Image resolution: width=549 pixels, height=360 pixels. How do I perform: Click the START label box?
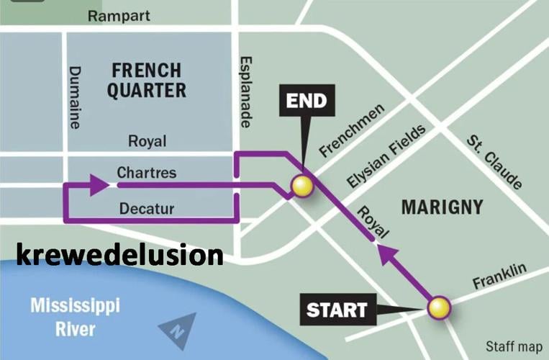[x=337, y=310]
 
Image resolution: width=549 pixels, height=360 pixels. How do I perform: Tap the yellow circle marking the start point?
[x=439, y=308]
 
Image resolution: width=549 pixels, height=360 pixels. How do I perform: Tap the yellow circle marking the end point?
[x=302, y=187]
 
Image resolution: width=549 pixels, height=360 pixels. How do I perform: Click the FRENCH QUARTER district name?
[x=148, y=80]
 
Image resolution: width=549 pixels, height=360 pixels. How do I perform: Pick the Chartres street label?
[x=146, y=174]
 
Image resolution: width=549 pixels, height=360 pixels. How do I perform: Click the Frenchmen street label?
[x=352, y=130]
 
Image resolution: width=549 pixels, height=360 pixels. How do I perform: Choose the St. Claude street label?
[x=494, y=161]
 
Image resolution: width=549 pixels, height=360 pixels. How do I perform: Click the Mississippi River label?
[x=75, y=318]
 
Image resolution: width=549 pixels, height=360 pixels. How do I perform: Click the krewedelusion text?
[x=119, y=256]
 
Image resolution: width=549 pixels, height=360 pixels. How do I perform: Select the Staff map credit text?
[x=513, y=346]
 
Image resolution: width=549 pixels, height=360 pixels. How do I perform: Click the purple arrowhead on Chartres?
[x=99, y=185]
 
